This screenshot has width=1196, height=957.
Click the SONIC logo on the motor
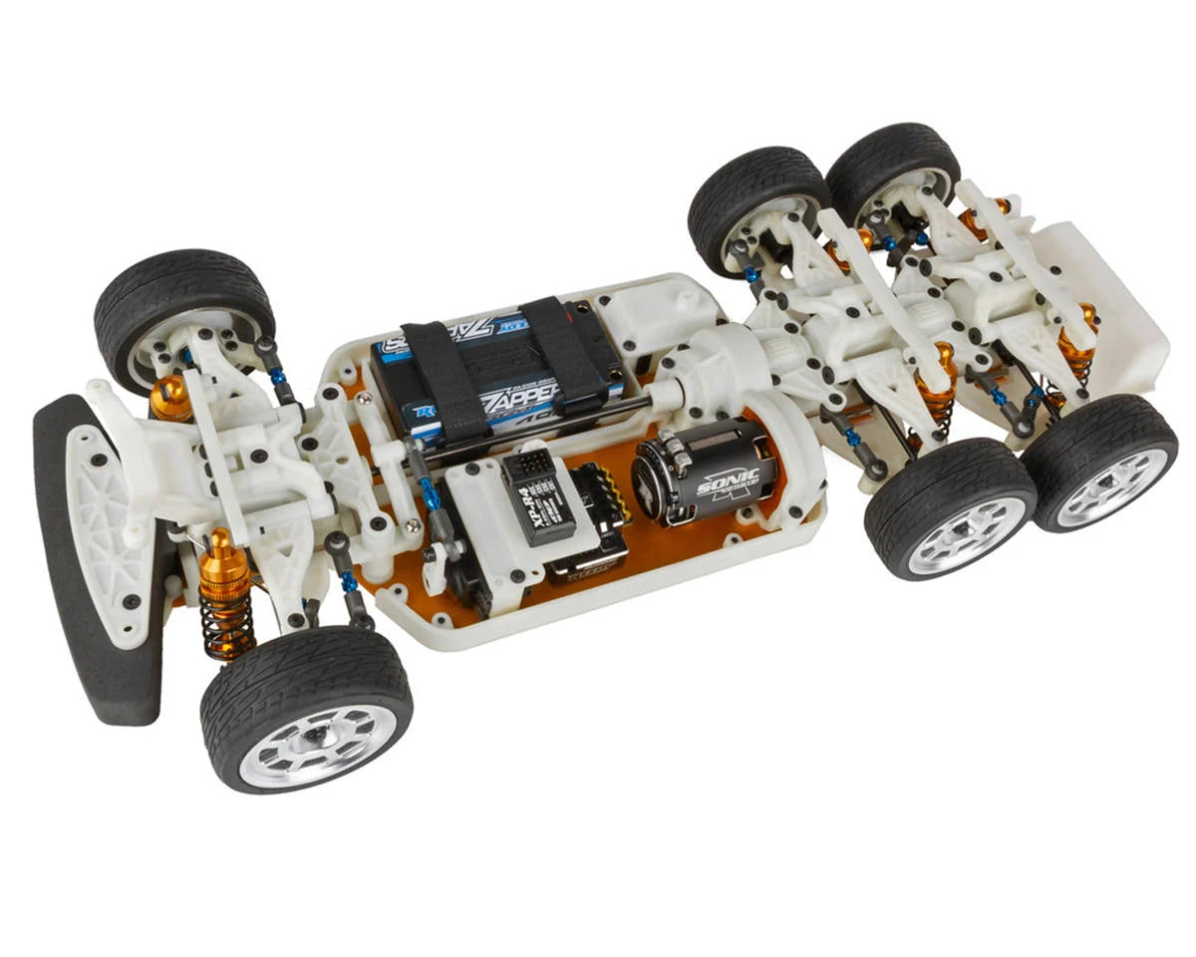coord(729,482)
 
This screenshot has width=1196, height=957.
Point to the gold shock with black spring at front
coord(225,598)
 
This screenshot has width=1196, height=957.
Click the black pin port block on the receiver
coord(526,465)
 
